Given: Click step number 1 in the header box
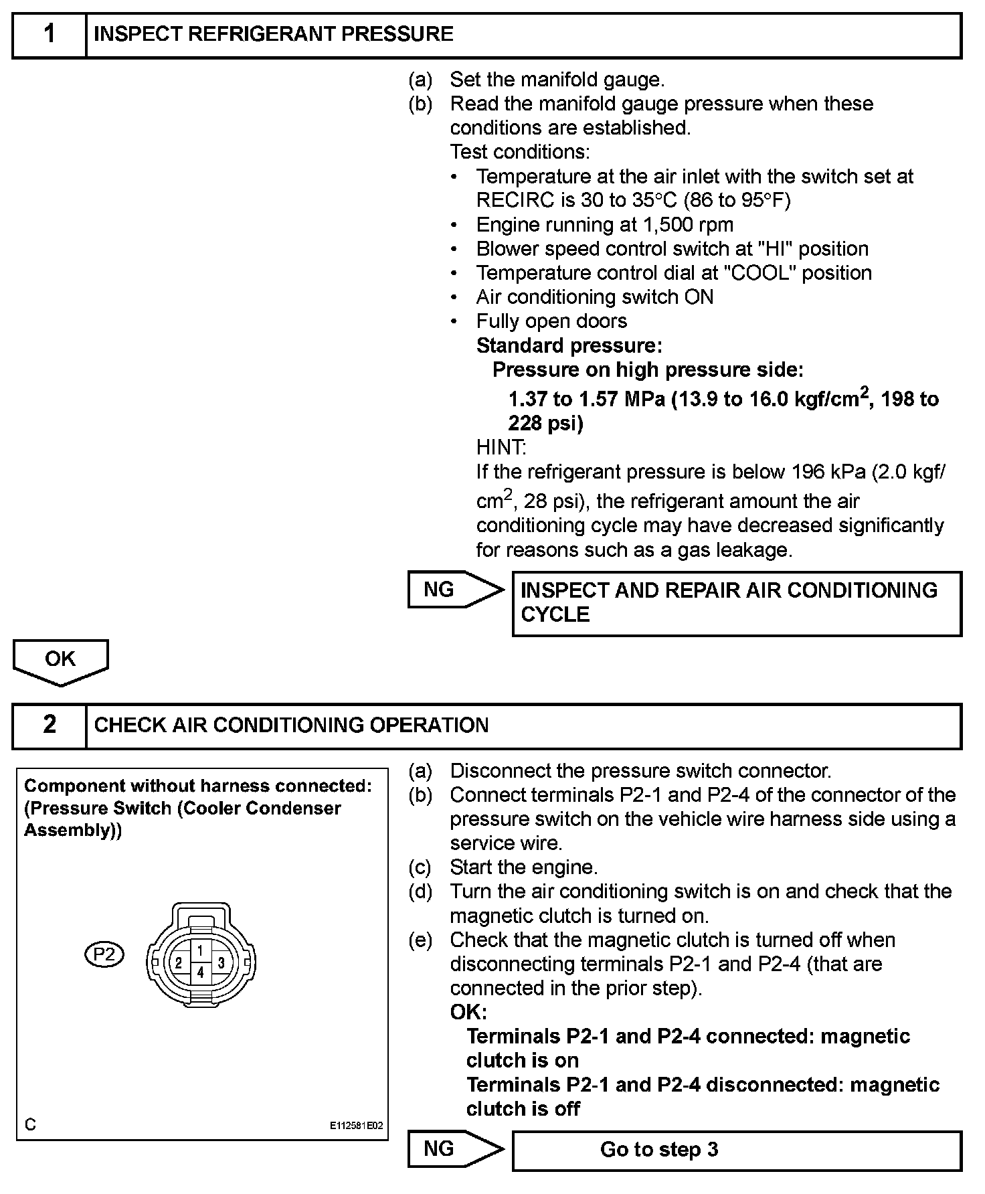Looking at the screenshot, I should click(x=49, y=34).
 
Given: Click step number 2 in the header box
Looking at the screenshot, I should click(x=49, y=725).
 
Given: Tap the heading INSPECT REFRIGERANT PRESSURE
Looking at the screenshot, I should click(x=273, y=34).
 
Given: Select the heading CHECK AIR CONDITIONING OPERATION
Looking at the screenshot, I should click(x=291, y=725).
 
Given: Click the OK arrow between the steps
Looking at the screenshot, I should click(x=60, y=661).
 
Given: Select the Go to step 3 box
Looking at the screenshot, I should click(x=736, y=1149).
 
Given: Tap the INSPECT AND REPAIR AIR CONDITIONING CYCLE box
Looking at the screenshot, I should click(x=736, y=602).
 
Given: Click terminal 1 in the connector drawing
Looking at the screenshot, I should click(x=200, y=950).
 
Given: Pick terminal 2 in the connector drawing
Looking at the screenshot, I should click(x=179, y=964).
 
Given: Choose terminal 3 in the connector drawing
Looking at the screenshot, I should click(x=221, y=964).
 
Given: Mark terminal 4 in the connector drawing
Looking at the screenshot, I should click(x=200, y=973).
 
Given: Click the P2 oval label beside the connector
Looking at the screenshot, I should click(x=104, y=954).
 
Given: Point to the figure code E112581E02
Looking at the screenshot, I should click(x=356, y=1126).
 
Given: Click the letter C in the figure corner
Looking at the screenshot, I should click(x=30, y=1125).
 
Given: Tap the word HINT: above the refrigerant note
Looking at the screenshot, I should click(x=501, y=447).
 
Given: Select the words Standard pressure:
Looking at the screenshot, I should click(x=569, y=345).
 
